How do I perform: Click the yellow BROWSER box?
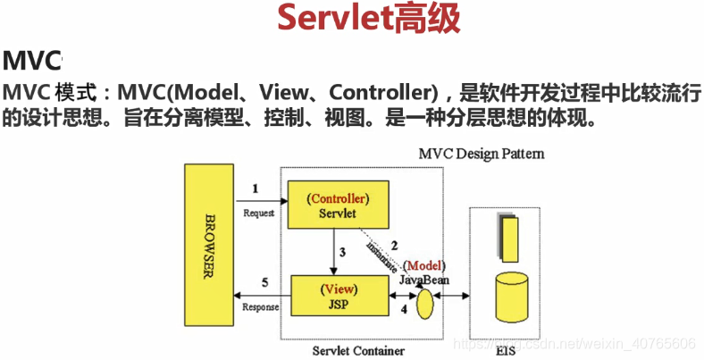coord(209,246)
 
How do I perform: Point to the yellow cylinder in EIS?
coord(512,296)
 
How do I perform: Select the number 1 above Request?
coord(256,188)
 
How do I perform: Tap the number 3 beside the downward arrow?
coord(341,252)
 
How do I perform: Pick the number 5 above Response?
coord(263,284)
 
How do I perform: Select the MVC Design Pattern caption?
coord(482,154)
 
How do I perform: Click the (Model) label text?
coord(424,266)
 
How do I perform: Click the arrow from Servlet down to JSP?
coord(331,251)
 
